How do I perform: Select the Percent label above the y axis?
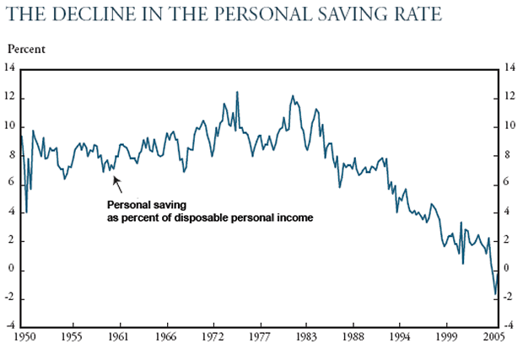click(28, 49)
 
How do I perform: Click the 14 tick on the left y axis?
click(12, 69)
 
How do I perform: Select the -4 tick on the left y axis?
click(12, 326)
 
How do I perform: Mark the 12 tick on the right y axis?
click(509, 98)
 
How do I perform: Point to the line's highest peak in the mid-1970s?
click(237, 92)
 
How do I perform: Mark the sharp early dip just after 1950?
click(26, 211)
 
